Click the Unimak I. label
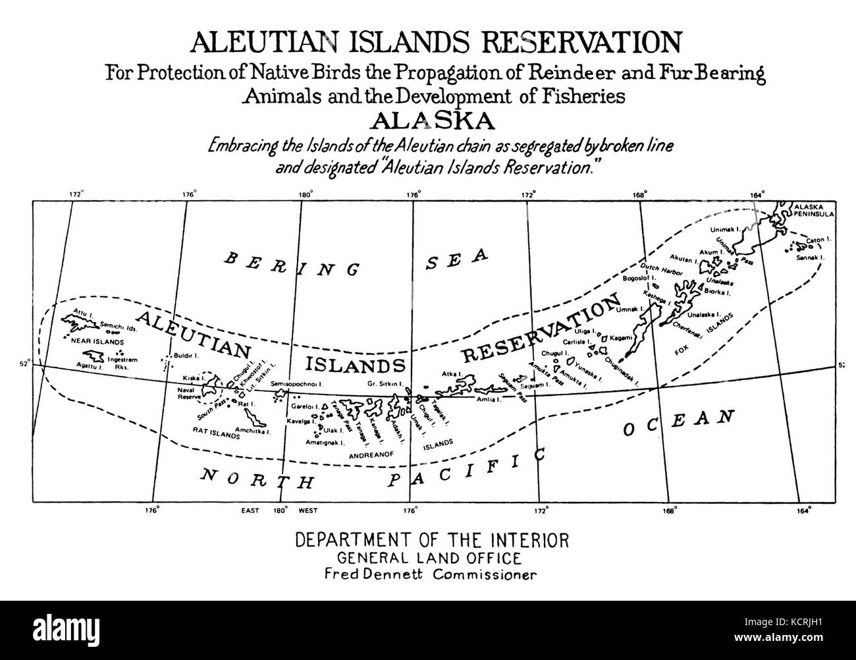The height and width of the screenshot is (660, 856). tap(726, 229)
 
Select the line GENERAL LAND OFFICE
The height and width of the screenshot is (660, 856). tap(430, 558)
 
